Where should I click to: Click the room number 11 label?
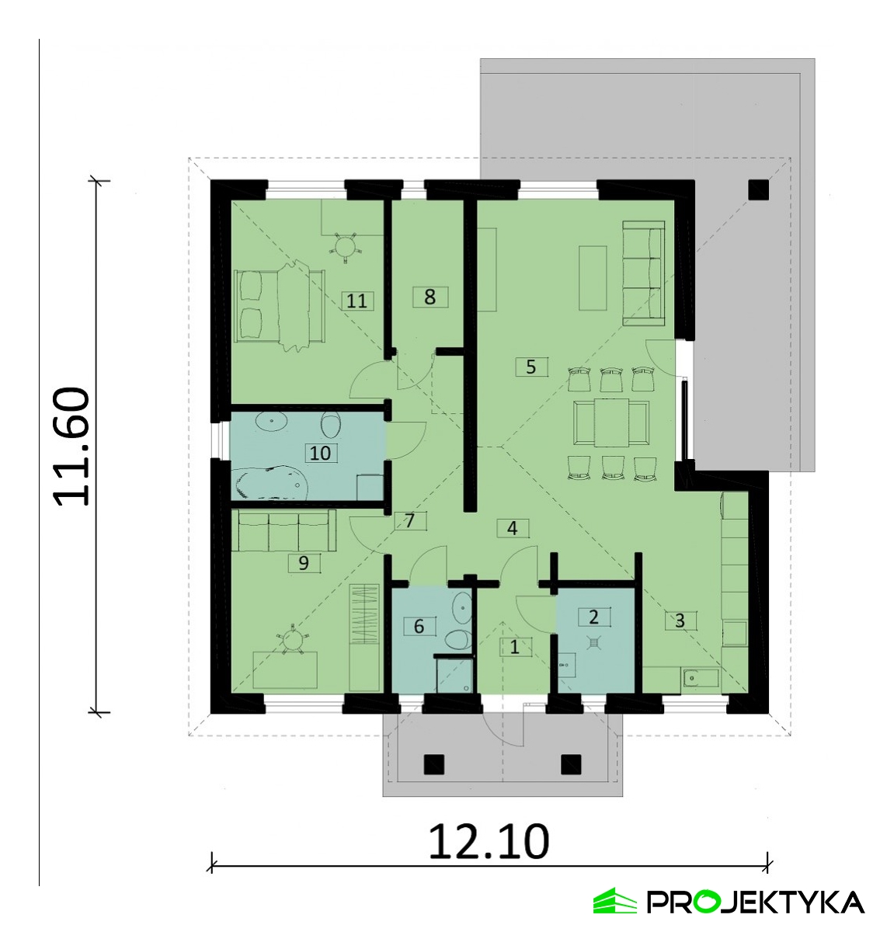point(357,301)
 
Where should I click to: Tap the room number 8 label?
point(430,297)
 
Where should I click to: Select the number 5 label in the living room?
point(531,367)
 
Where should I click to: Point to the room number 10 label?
point(320,453)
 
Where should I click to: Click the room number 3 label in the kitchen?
point(680,621)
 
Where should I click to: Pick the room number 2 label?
point(594,617)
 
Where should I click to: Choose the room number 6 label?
point(419,626)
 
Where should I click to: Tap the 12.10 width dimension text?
point(489,842)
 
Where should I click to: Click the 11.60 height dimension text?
point(72,447)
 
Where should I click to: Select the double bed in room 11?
point(280,305)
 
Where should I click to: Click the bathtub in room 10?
point(271,482)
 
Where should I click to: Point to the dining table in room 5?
point(611,423)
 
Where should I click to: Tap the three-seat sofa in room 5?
point(644,273)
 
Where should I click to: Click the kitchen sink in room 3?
point(701,679)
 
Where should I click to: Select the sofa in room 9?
point(284,530)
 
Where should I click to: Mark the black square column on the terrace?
point(759,190)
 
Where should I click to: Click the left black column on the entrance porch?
point(434,764)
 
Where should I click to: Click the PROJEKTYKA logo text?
point(756,902)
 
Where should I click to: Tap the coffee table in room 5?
point(593,277)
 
